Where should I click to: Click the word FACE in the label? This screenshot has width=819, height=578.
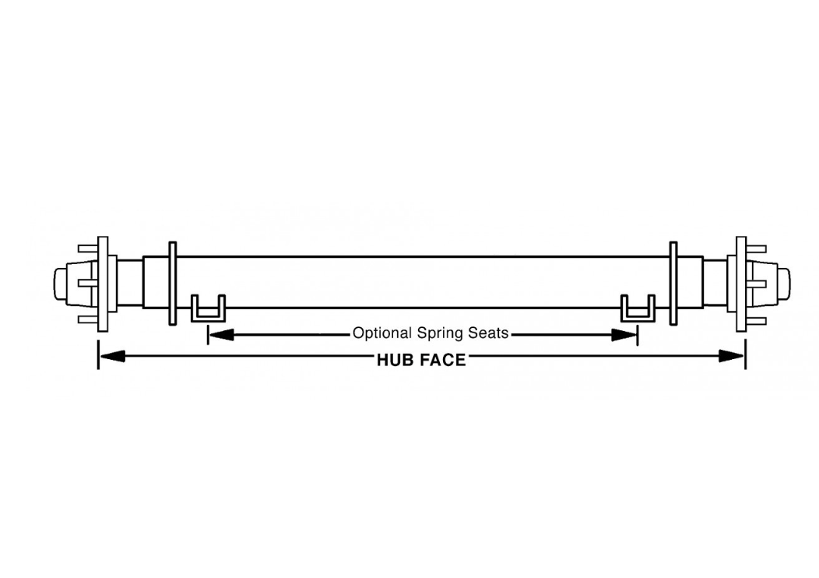(443, 360)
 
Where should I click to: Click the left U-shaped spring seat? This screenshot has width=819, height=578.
(208, 317)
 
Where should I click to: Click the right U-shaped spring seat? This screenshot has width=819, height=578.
(638, 317)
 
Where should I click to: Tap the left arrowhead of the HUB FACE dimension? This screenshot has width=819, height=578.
(112, 357)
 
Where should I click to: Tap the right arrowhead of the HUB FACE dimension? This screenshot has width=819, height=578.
(731, 357)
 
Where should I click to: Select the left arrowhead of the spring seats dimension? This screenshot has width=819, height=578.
(221, 334)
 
